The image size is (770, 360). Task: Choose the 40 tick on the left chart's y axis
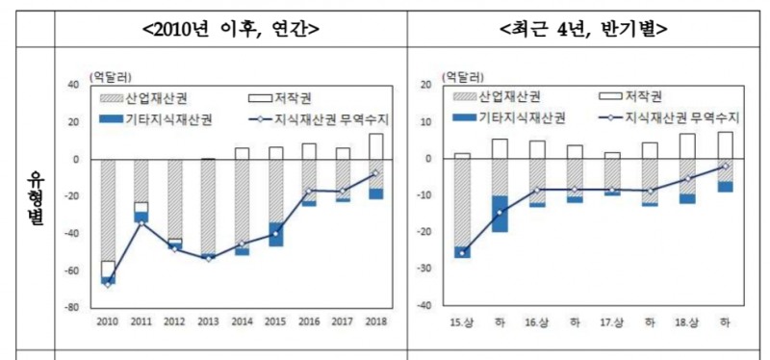pos(72,85)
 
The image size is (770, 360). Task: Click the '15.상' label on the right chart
pos(462,320)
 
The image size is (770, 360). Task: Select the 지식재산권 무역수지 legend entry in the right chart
pos(669,117)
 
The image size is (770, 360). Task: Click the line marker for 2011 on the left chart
pos(141,223)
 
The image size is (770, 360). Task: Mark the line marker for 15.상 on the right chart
pos(463,253)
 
